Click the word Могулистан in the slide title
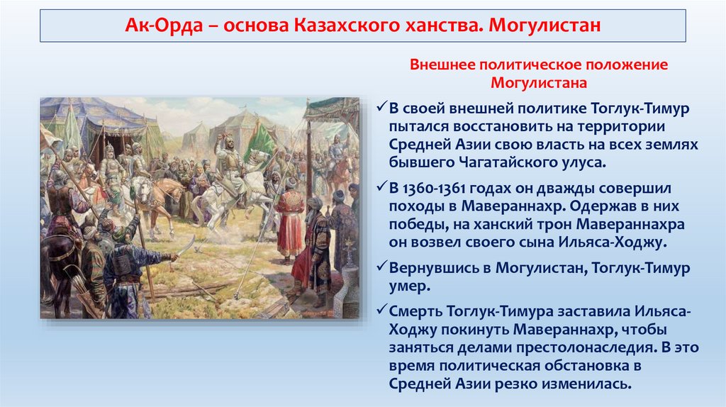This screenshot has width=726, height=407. (x=544, y=25)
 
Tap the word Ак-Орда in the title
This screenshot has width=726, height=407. (x=164, y=25)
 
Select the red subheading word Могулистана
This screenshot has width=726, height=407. (x=539, y=83)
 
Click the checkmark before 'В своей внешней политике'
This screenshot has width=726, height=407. (x=381, y=107)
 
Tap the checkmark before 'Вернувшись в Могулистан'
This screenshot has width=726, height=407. (x=381, y=267)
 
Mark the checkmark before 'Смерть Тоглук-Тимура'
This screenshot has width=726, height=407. (x=381, y=311)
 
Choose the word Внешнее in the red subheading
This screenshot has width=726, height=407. (x=442, y=65)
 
